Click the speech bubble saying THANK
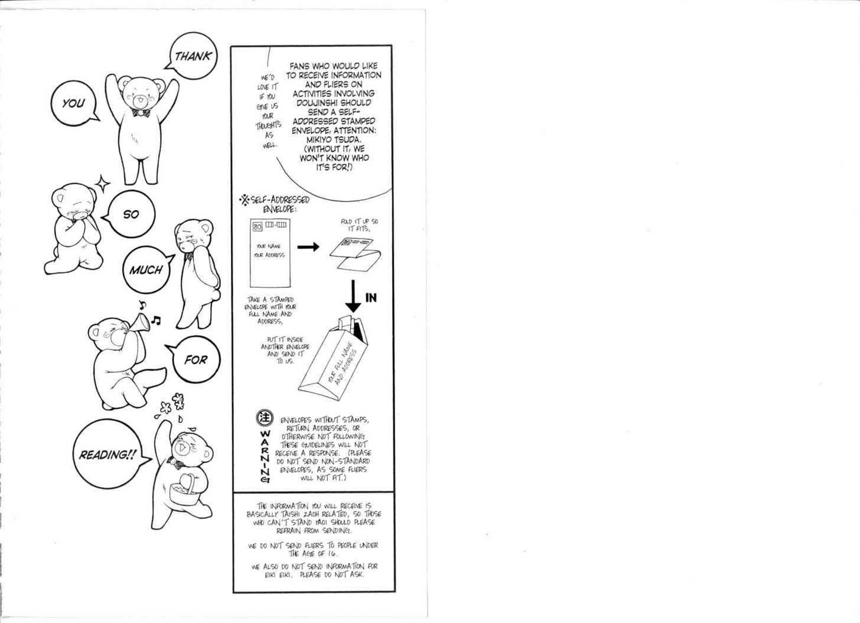[x=193, y=56]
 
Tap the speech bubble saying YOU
[x=74, y=103]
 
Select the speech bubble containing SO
[x=131, y=214]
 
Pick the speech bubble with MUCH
[x=146, y=270]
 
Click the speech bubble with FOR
[x=196, y=359]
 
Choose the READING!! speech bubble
[x=108, y=455]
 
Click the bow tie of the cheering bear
[x=141, y=112]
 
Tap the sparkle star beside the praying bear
[x=103, y=184]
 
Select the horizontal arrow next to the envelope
[x=308, y=246]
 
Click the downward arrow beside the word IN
[x=353, y=296]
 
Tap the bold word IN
[x=371, y=298]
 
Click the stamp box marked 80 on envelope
[x=258, y=226]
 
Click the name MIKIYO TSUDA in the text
[x=334, y=139]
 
